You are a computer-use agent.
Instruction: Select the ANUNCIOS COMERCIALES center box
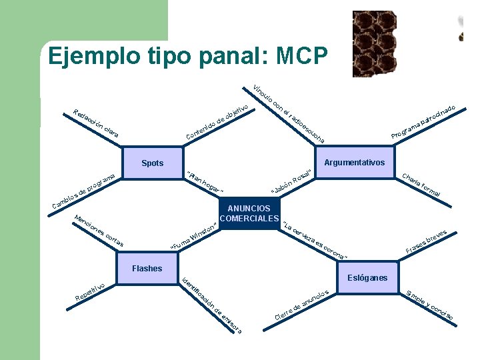[x=249, y=214]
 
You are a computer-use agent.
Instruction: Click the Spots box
[x=153, y=163]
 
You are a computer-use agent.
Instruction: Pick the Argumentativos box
[x=353, y=163]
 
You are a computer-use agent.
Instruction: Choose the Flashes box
[x=147, y=269]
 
